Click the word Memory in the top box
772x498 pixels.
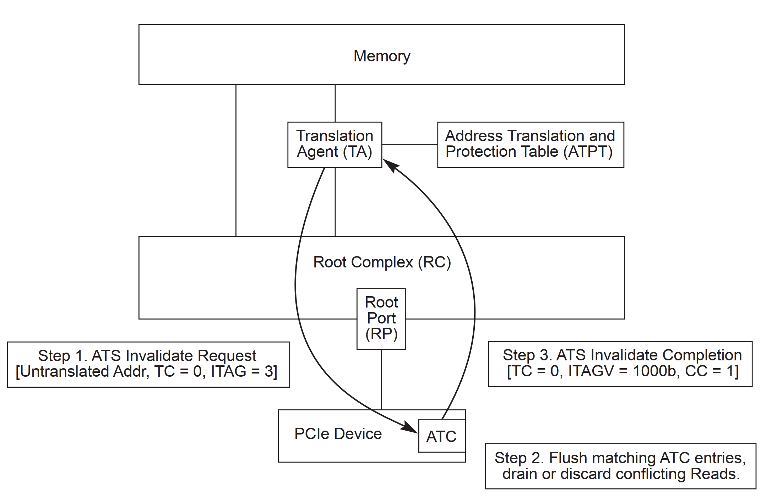click(382, 56)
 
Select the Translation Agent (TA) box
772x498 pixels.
click(335, 144)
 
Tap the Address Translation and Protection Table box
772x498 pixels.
click(530, 144)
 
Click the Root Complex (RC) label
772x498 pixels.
click(382, 262)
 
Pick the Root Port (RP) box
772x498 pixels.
click(381, 318)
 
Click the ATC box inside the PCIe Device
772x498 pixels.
click(441, 436)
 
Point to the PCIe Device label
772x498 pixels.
click(338, 434)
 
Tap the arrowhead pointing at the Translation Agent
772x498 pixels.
click(390, 165)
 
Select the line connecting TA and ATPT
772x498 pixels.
click(409, 144)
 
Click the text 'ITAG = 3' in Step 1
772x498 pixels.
click(244, 371)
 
